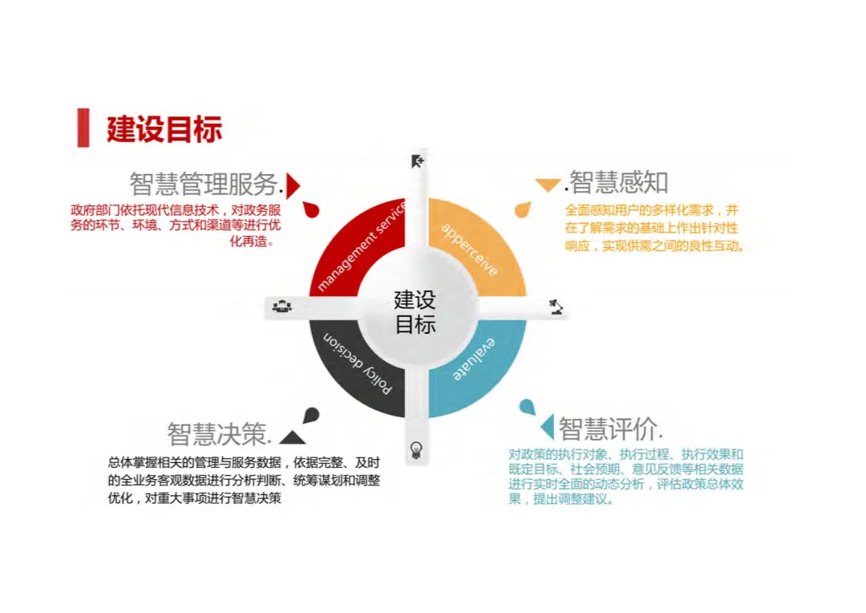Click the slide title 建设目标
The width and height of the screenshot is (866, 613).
[x=164, y=128]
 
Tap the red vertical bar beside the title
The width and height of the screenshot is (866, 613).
[x=83, y=128]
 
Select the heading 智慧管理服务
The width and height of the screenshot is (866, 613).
[x=205, y=184]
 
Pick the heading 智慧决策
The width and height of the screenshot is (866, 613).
[x=219, y=433]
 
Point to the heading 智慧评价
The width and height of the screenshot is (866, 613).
[x=609, y=428]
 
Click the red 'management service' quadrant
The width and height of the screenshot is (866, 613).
[x=353, y=249]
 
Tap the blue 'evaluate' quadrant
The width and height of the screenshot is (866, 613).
[x=481, y=369]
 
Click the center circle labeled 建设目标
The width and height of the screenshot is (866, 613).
[x=415, y=312]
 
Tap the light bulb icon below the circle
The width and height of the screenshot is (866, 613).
[x=415, y=449]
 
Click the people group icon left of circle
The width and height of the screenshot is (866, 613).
[x=281, y=306]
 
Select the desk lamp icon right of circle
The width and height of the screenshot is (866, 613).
[x=555, y=306]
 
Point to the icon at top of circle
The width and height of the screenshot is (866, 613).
[x=417, y=161]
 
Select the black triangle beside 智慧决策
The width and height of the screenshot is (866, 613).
[x=291, y=437]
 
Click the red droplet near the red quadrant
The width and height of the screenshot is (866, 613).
[x=311, y=209]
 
